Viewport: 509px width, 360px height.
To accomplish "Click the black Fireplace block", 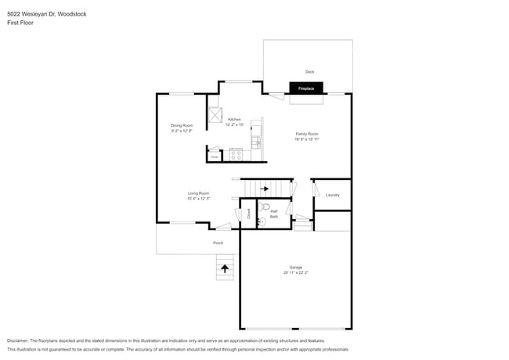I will click(x=305, y=88).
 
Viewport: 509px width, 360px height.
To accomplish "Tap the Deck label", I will click(x=310, y=71).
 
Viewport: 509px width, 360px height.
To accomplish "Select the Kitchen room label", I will click(x=235, y=120).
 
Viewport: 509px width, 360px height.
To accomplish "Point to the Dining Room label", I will click(x=182, y=125).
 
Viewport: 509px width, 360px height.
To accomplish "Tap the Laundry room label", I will click(x=332, y=195).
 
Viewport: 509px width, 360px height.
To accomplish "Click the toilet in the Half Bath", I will click(x=265, y=208).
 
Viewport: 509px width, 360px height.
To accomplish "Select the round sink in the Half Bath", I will click(x=262, y=222).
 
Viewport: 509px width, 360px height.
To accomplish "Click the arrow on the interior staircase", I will click(x=264, y=189).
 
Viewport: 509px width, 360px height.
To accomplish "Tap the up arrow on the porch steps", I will click(x=225, y=268).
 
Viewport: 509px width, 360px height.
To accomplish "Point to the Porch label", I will click(x=218, y=243).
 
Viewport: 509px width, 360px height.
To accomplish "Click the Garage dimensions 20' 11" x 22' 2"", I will click(x=296, y=273).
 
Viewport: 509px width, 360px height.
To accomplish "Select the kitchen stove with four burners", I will click(x=236, y=154).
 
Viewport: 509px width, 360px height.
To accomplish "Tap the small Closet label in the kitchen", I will click(x=214, y=157).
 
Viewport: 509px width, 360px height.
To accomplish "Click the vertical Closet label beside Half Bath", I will click(x=248, y=213).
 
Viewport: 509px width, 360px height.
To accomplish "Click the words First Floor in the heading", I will click(x=20, y=23).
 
